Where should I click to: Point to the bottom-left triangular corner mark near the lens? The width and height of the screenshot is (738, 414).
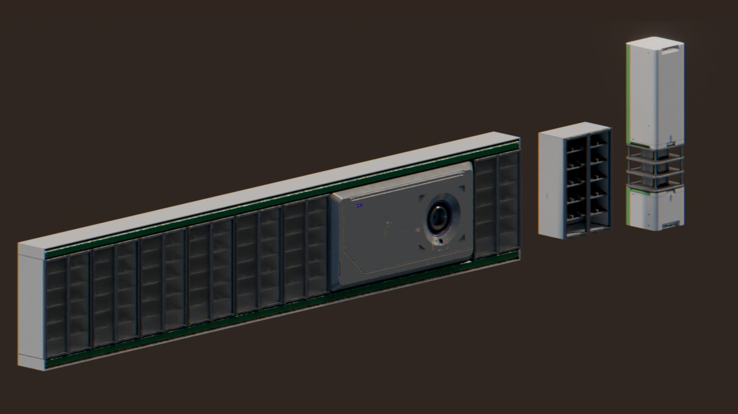tap(421, 246)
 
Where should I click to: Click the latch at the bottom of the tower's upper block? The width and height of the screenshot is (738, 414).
tap(672, 141)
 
